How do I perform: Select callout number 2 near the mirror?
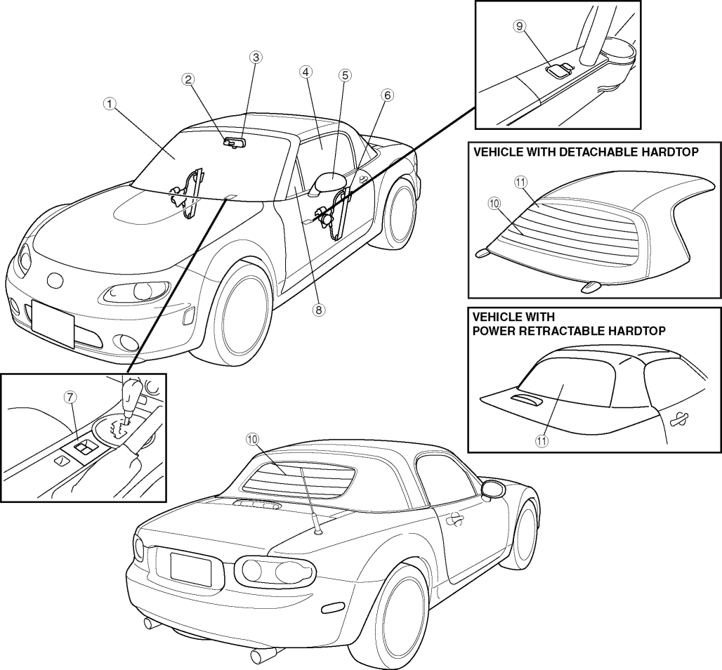click(188, 79)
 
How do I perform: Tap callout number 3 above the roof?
click(256, 58)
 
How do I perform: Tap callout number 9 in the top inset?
click(520, 26)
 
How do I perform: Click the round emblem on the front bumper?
click(55, 280)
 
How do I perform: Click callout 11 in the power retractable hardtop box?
click(541, 440)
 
